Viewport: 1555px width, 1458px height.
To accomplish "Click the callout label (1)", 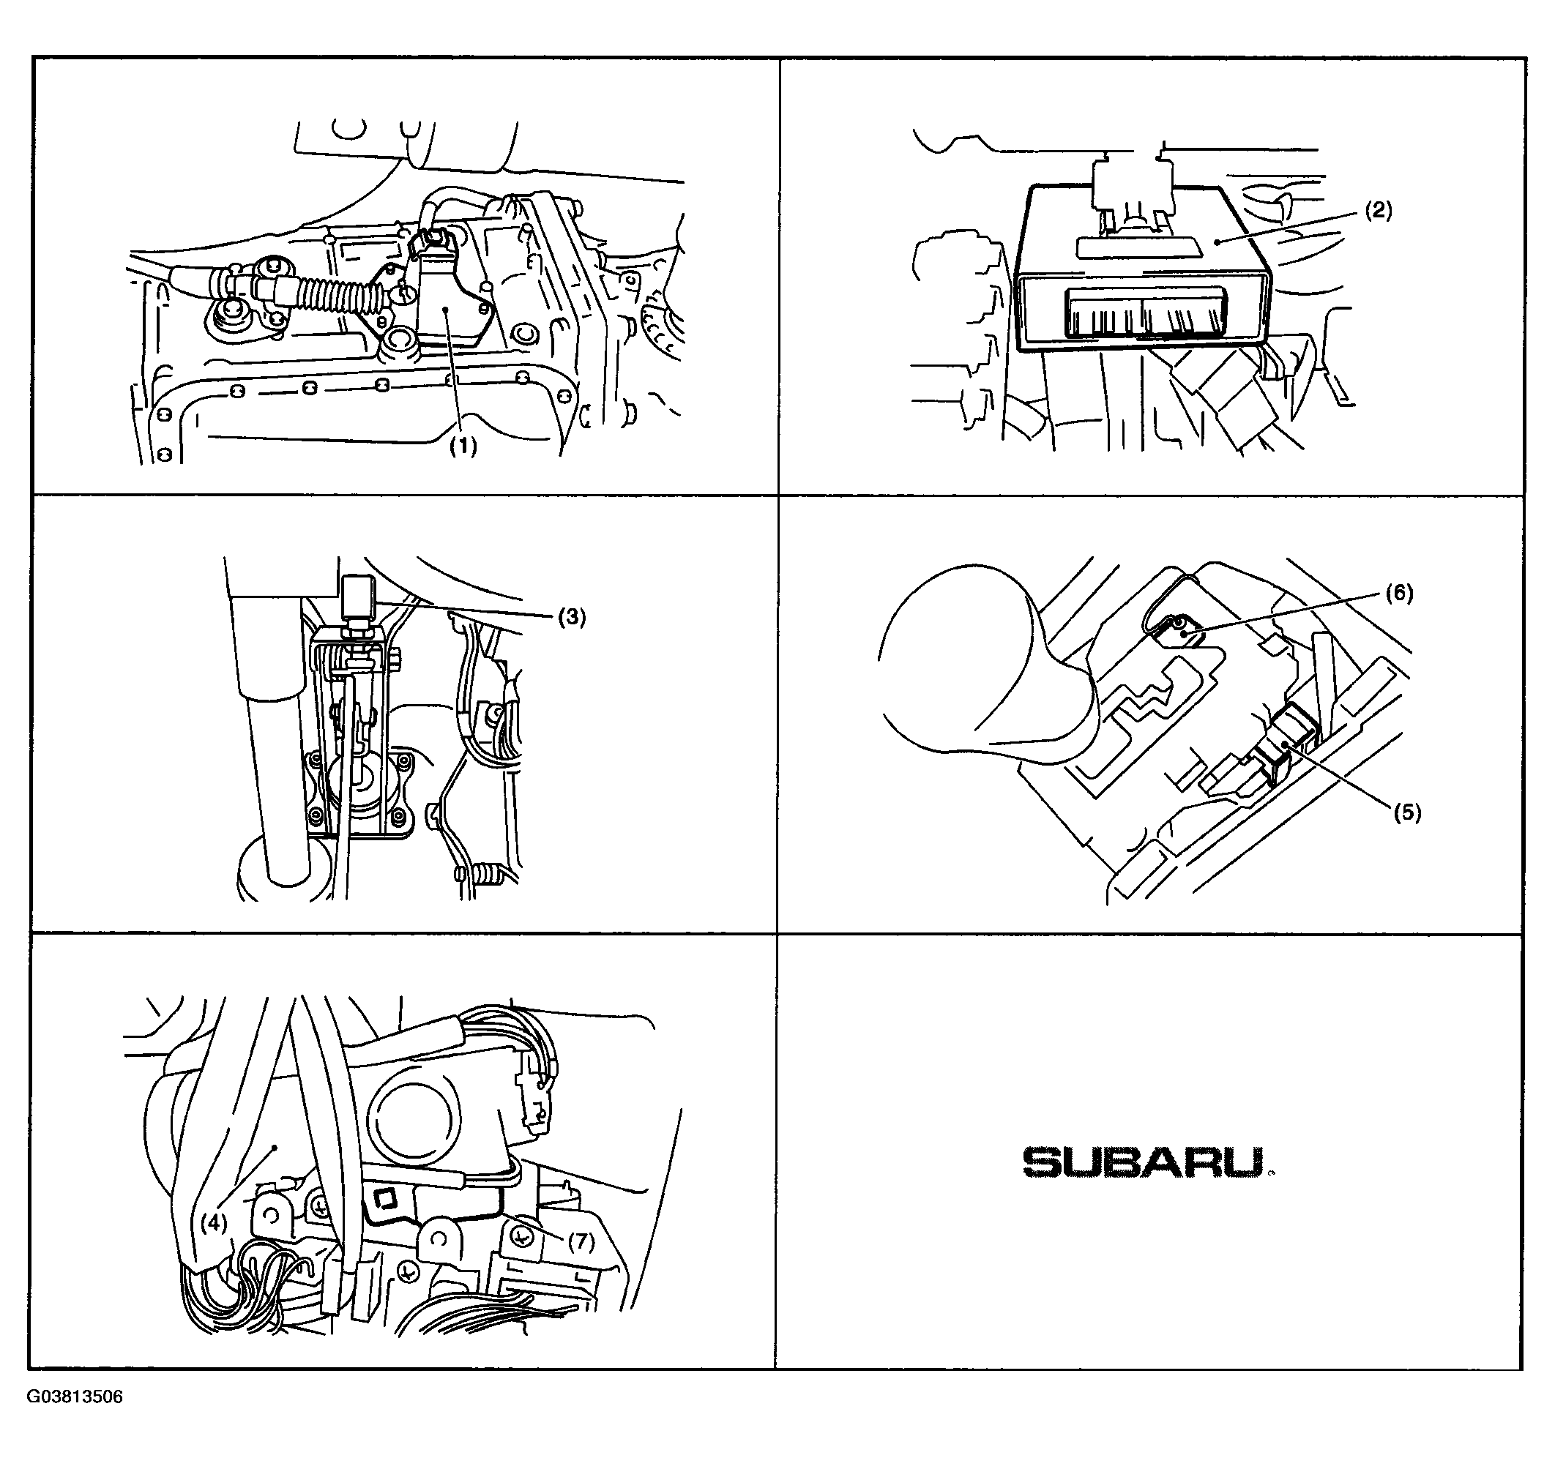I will coord(462,446).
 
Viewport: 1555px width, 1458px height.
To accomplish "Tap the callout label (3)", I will coord(572,617).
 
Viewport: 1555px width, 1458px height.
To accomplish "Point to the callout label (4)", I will coord(213,1222).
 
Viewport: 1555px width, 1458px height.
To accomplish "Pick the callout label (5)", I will coord(1406,812).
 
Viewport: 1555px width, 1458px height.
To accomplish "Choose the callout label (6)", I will coord(1399,594).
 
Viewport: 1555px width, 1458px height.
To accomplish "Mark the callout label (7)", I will coord(581,1241).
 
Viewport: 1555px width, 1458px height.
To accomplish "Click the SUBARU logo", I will coord(1146,1163).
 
